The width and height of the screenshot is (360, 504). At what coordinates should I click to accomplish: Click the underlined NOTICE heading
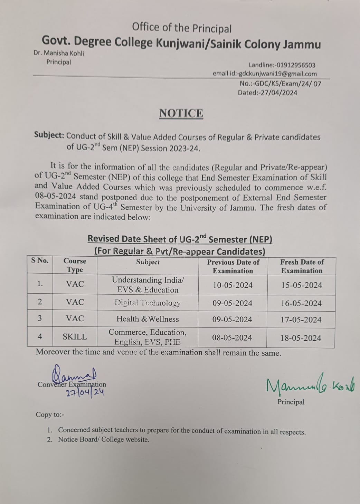[x=181, y=113]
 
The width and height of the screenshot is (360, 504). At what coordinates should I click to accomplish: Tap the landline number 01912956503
[x=296, y=65]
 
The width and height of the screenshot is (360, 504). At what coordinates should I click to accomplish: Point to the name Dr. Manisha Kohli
[x=59, y=53]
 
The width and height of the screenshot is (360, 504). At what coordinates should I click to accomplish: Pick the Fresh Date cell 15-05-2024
[x=301, y=285]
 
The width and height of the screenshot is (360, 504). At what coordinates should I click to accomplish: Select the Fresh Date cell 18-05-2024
[x=301, y=338]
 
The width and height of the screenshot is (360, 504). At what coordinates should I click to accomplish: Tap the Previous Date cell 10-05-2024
[x=233, y=285]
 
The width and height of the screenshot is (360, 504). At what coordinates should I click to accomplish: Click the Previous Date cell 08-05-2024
[x=232, y=337]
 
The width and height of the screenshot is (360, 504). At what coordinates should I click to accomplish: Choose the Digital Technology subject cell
[x=148, y=303]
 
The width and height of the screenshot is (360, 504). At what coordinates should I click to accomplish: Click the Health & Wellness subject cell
[x=148, y=319]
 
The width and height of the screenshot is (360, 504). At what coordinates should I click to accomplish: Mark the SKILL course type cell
[x=75, y=337]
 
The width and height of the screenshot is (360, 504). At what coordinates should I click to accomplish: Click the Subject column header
[x=148, y=262]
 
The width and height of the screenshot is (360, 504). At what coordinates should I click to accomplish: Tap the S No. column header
[x=40, y=260]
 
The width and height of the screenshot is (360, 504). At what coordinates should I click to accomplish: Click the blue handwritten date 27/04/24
[x=85, y=393]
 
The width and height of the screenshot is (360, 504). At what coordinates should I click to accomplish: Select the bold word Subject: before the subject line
[x=49, y=135]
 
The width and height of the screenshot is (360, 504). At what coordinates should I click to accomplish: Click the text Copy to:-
[x=50, y=415]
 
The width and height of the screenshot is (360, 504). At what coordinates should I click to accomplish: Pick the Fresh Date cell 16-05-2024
[x=301, y=303]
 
